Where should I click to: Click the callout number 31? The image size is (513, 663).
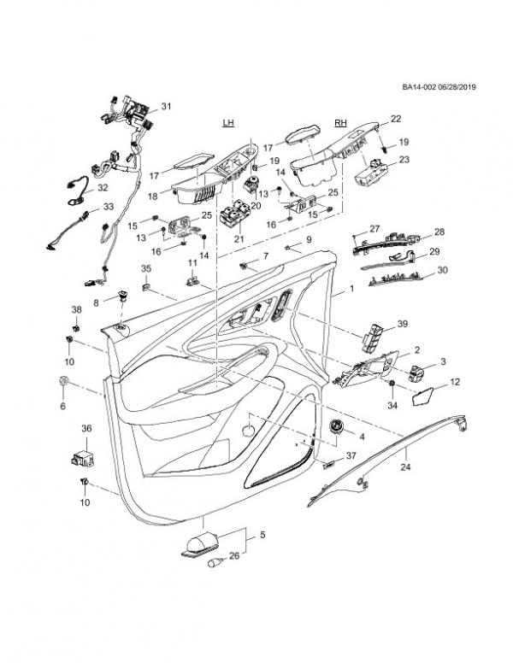pyautogui.click(x=166, y=106)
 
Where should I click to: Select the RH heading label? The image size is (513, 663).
pyautogui.click(x=341, y=123)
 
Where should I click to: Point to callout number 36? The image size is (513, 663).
pyautogui.click(x=85, y=428)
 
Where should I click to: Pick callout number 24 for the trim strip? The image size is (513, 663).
pyautogui.click(x=406, y=467)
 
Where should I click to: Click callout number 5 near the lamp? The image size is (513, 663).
pyautogui.click(x=262, y=535)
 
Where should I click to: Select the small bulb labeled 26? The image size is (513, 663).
pyautogui.click(x=213, y=563)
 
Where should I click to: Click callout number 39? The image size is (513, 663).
pyautogui.click(x=403, y=324)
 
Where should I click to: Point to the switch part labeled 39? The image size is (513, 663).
pyautogui.click(x=374, y=337)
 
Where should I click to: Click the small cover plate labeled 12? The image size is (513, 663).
pyautogui.click(x=422, y=394)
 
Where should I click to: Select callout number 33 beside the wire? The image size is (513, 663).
pyautogui.click(x=108, y=207)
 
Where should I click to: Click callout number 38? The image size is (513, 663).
pyautogui.click(x=76, y=308)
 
